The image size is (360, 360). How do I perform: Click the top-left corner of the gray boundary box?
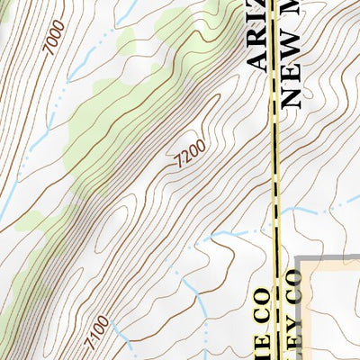pyautogui.click(x=300, y=260)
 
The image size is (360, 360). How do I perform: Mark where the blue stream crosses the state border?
pyautogui.click(x=274, y=231)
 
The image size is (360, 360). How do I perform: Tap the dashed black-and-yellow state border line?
pyautogui.click(x=274, y=162)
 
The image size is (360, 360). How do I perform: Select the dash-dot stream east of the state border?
pyautogui.click(x=315, y=212)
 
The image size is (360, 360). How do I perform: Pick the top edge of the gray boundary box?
pyautogui.click(x=328, y=260)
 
